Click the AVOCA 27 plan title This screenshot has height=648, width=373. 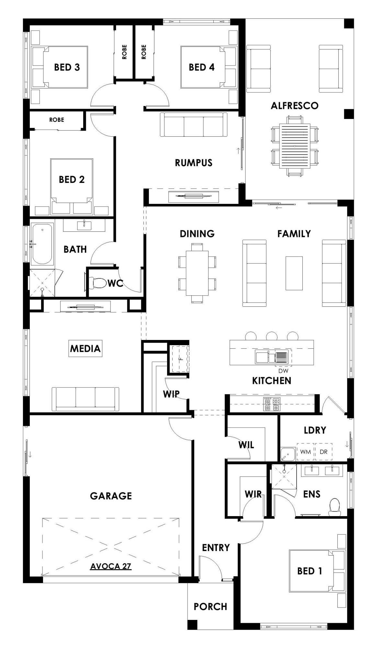click(111, 566)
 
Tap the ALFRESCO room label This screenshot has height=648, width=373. click(294, 105)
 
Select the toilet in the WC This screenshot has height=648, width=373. click(99, 283)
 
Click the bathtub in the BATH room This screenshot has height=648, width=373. click(42, 244)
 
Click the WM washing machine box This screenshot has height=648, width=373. click(305, 451)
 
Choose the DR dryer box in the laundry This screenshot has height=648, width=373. click(323, 451)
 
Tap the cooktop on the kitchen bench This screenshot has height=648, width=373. click(272, 404)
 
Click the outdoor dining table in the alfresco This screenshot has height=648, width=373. click(295, 146)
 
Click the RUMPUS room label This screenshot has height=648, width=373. click(194, 163)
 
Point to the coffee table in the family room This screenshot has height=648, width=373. click(294, 273)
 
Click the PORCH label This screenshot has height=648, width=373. click(210, 607)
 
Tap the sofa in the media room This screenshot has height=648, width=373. click(85, 399)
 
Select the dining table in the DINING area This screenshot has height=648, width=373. click(197, 273)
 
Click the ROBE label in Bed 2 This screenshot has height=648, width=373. click(57, 120)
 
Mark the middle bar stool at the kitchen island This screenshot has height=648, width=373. click(271, 336)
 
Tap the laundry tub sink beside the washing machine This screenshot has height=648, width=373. click(288, 454)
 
